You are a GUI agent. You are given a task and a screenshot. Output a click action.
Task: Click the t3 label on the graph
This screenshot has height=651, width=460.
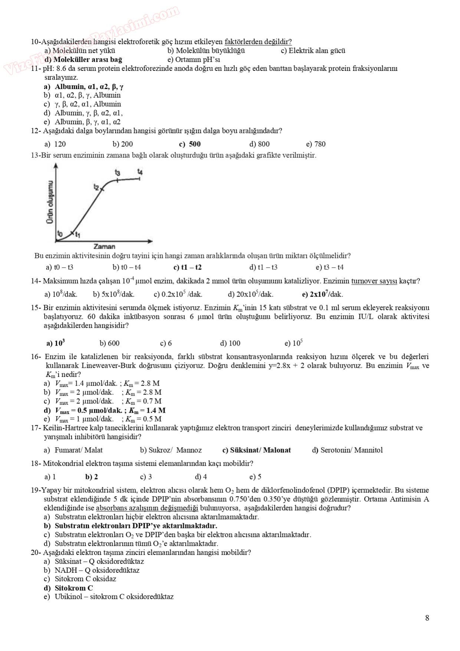(118, 173)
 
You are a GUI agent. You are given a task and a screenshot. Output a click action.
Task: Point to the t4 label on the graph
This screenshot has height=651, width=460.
(140, 171)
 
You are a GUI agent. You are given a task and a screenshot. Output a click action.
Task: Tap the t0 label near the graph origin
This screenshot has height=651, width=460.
(60, 233)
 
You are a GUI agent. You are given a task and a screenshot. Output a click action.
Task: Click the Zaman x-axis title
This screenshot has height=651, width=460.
(104, 246)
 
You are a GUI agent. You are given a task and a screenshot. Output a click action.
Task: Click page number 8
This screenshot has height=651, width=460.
(427, 618)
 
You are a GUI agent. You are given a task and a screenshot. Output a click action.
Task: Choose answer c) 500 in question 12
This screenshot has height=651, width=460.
(190, 144)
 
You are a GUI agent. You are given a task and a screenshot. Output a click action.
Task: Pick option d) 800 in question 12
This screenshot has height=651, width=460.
(259, 144)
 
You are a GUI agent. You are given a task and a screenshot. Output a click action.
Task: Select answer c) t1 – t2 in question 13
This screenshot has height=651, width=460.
(187, 267)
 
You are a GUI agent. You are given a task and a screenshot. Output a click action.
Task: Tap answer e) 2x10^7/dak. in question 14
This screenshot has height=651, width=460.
(322, 294)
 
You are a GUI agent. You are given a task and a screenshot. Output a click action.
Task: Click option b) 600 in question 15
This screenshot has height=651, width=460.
(109, 343)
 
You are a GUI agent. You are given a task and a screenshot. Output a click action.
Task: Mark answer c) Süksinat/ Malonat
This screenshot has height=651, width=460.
(256, 450)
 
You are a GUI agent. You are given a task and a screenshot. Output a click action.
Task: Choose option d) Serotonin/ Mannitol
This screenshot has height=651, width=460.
(347, 450)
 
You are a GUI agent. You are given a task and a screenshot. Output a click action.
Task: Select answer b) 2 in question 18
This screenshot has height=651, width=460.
(92, 477)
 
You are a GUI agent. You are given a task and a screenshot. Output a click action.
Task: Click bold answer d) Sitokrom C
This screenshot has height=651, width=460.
(69, 588)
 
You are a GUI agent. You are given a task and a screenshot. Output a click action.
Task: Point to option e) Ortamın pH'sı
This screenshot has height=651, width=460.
(194, 59)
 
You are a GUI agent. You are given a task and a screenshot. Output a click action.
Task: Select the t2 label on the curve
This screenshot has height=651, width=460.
(97, 187)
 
